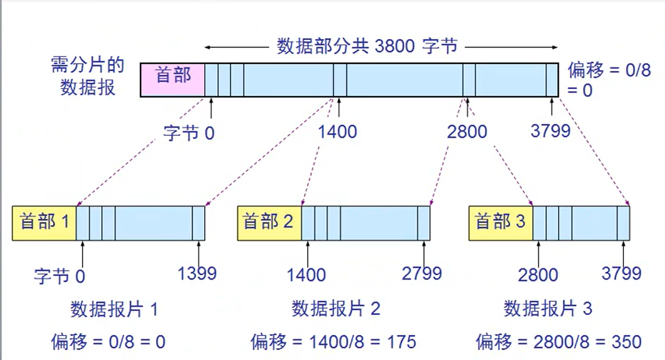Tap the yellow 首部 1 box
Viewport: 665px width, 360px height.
click(x=44, y=223)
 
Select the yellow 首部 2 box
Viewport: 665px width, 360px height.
click(x=269, y=223)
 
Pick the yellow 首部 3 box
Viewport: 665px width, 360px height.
click(x=501, y=223)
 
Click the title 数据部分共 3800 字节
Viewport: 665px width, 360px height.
click(x=367, y=46)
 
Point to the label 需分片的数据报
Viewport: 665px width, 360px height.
click(x=87, y=76)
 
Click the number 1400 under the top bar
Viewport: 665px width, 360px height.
click(x=338, y=132)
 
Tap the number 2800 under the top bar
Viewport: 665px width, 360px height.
click(x=467, y=132)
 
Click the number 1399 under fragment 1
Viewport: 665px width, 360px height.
click(x=197, y=273)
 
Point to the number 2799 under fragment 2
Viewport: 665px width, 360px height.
click(x=422, y=273)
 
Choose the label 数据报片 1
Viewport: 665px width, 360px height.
click(x=114, y=309)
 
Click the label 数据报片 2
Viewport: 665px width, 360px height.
click(x=336, y=309)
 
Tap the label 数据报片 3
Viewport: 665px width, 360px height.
click(x=548, y=309)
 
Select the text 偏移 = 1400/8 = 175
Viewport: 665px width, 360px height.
click(x=333, y=342)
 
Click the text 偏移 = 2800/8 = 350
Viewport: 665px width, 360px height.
click(x=558, y=342)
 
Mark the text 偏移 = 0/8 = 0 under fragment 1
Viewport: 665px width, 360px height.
click(x=109, y=342)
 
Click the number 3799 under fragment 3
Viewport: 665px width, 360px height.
click(x=621, y=273)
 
